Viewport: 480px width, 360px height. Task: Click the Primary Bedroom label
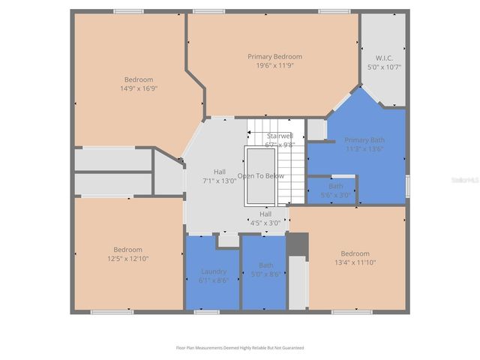(x=274, y=56)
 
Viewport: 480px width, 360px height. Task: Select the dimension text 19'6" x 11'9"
(x=274, y=65)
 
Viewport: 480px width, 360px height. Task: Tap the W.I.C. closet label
(x=384, y=58)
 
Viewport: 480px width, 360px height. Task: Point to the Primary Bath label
(x=364, y=140)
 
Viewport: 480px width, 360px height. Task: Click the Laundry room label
(x=214, y=271)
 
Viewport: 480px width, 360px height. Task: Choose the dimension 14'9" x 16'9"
(x=138, y=88)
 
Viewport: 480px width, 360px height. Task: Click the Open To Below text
(x=261, y=175)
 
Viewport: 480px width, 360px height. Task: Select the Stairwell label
(x=279, y=136)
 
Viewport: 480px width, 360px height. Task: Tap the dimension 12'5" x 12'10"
(x=127, y=258)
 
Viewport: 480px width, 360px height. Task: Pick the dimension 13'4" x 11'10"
(x=355, y=262)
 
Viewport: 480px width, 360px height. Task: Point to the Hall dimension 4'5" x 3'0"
(x=265, y=222)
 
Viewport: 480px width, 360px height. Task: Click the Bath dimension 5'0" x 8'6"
(x=265, y=274)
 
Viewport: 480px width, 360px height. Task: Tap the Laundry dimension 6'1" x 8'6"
(x=214, y=280)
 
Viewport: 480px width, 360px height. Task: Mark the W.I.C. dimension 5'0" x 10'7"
(x=384, y=67)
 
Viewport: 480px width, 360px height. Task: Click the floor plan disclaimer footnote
(x=240, y=347)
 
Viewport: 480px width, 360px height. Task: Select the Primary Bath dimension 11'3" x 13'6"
(x=364, y=148)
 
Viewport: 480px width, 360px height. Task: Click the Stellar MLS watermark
(x=466, y=180)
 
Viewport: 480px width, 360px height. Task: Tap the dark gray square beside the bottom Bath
(x=298, y=244)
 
